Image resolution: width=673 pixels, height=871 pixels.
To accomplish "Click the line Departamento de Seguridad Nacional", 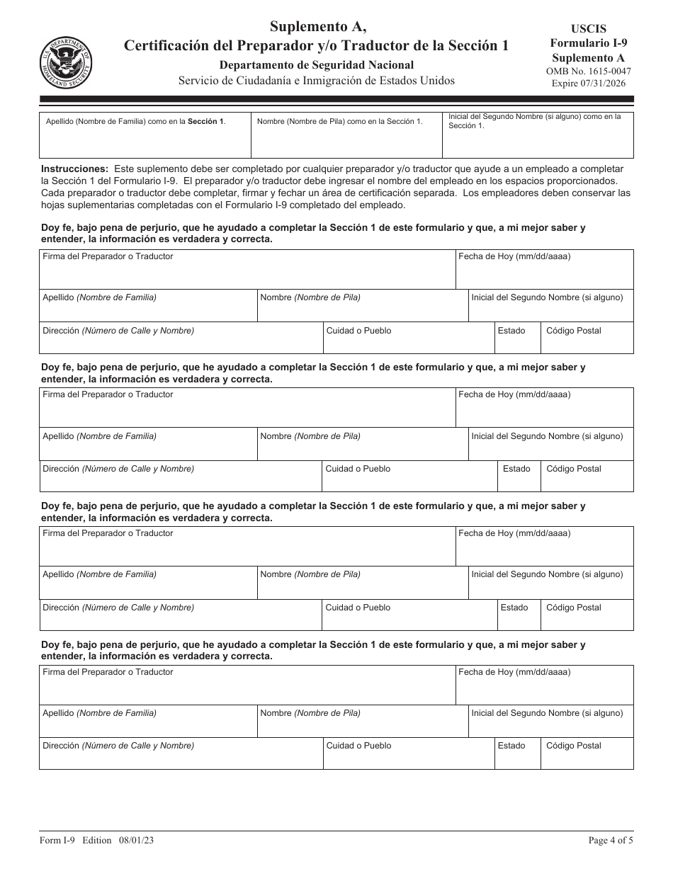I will (317, 65).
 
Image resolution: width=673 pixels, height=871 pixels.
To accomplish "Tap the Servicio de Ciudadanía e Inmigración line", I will (317, 81).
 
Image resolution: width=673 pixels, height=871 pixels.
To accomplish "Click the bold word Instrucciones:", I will (75, 169).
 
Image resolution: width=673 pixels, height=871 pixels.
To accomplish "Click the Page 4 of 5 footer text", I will (611, 841).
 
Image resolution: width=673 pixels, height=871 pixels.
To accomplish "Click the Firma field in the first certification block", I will (247, 273).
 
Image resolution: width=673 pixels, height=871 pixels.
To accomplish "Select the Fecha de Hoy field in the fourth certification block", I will (544, 689).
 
